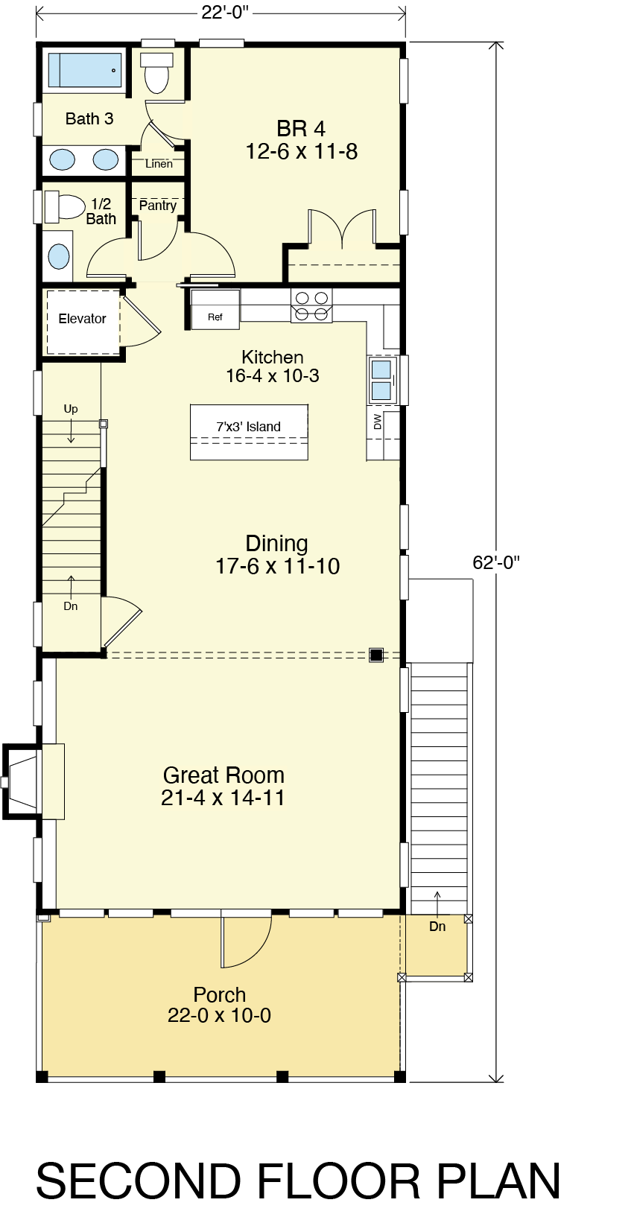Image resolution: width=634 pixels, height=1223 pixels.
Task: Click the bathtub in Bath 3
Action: point(85,70)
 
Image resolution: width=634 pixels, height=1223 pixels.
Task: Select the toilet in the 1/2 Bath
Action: point(64,206)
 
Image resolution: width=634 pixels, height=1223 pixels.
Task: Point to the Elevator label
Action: point(83,319)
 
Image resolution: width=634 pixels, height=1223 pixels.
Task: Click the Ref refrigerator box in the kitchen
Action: point(215,310)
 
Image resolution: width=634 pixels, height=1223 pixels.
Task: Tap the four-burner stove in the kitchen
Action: point(311,306)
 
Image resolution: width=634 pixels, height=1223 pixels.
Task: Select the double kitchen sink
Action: point(382,381)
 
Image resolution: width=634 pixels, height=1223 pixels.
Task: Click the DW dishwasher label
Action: point(377,422)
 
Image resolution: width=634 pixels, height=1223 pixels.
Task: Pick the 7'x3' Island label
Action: point(249,427)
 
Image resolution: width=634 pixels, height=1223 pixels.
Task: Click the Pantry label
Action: point(158,206)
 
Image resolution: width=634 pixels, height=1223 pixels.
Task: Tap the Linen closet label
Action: point(159,164)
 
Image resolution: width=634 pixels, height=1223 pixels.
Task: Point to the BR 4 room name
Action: point(301,129)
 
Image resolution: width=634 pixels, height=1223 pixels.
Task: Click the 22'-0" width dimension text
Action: point(225,12)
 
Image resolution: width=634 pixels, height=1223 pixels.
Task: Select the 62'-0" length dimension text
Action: point(496,562)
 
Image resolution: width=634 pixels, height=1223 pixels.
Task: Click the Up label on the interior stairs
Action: point(71,409)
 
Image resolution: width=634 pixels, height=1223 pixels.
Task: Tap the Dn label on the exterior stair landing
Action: point(437,926)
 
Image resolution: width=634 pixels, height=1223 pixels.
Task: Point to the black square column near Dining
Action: point(376,655)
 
